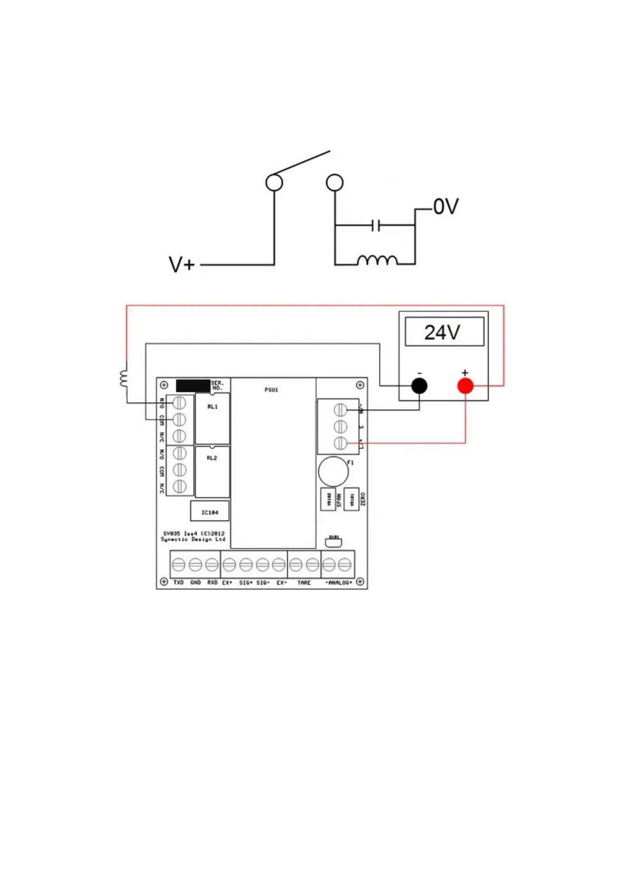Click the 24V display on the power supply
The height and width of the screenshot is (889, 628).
[444, 332]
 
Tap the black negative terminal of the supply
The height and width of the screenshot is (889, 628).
[419, 386]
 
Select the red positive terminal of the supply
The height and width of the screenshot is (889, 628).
[465, 386]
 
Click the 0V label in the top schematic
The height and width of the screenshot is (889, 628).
[446, 207]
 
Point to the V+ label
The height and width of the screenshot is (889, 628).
[182, 264]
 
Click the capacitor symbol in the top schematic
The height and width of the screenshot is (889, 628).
[375, 226]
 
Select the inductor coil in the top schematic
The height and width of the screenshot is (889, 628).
[377, 260]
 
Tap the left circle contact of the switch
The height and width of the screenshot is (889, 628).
[274, 183]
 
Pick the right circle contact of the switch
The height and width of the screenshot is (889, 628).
[335, 183]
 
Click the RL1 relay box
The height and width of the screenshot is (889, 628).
[212, 418]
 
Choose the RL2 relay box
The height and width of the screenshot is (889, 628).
[212, 471]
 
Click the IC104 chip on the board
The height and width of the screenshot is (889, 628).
[210, 512]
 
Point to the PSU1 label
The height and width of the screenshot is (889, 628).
[271, 390]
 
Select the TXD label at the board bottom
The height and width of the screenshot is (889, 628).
[178, 583]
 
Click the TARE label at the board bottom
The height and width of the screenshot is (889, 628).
[304, 583]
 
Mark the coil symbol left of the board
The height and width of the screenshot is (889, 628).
[124, 379]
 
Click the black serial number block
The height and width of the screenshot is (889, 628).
[193, 385]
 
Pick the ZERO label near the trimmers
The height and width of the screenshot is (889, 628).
[363, 499]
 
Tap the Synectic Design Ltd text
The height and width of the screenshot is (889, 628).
[193, 540]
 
